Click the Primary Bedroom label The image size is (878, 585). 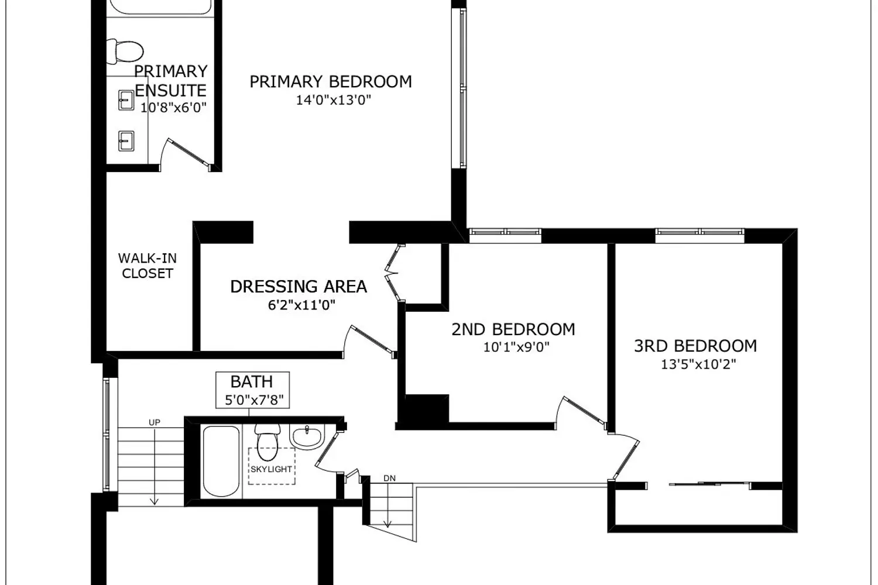click(331, 81)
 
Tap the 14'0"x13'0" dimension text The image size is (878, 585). click(333, 100)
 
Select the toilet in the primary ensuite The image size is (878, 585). click(125, 51)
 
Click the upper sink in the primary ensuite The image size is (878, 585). click(126, 100)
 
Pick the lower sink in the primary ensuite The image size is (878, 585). click(126, 141)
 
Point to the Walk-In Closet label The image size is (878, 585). click(148, 266)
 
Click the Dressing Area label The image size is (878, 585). click(299, 287)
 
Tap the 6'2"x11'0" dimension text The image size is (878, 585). click(301, 305)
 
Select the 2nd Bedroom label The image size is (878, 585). click(513, 329)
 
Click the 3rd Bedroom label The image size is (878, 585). click(696, 346)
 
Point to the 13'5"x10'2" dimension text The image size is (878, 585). click(698, 365)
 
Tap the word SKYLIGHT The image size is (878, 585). click(271, 469)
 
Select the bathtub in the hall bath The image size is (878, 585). click(221, 461)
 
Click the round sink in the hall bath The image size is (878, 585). click(307, 436)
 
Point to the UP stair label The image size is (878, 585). click(155, 422)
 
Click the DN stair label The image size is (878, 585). click(390, 479)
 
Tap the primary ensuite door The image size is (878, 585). click(188, 152)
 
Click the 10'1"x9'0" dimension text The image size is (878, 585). click(516, 347)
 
